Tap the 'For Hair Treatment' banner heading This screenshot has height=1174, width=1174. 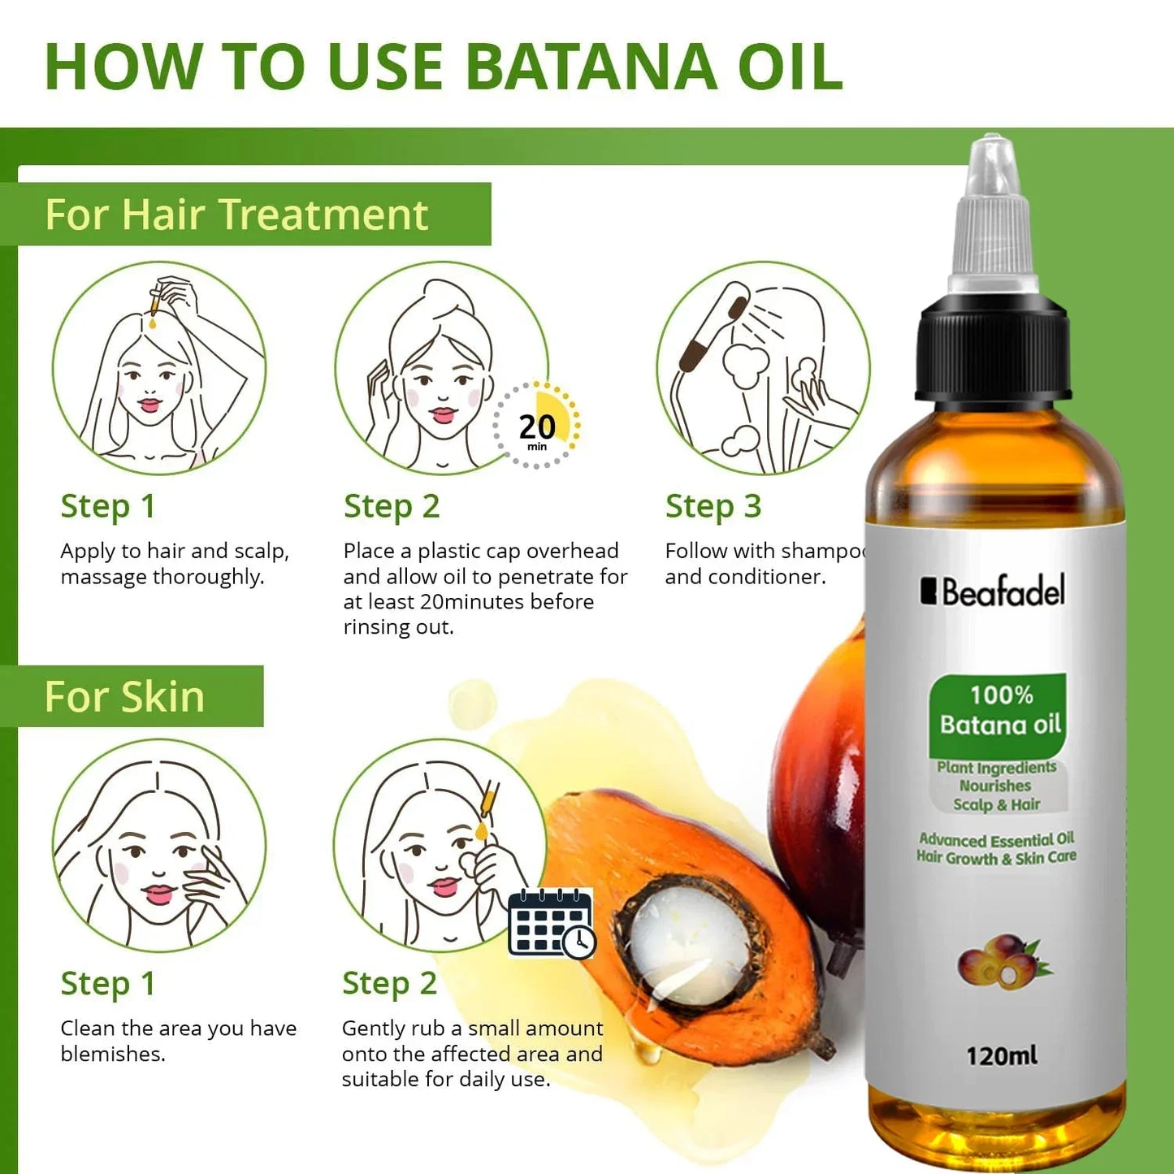click(x=236, y=214)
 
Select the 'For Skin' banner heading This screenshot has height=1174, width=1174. click(x=124, y=697)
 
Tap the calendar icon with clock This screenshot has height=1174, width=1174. click(x=552, y=923)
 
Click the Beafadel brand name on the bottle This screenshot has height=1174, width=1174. click(x=993, y=591)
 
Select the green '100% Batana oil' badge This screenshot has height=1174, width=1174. click(x=999, y=711)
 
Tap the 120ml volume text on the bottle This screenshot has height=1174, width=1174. click(x=1001, y=1055)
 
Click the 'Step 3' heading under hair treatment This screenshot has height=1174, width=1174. click(x=713, y=506)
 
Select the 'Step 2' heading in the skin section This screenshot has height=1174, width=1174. click(x=390, y=983)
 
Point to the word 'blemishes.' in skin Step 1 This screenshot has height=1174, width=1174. click(x=113, y=1054)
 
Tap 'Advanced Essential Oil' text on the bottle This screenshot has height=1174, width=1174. click(x=996, y=839)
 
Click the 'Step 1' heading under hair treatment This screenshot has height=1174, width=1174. click(x=108, y=506)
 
